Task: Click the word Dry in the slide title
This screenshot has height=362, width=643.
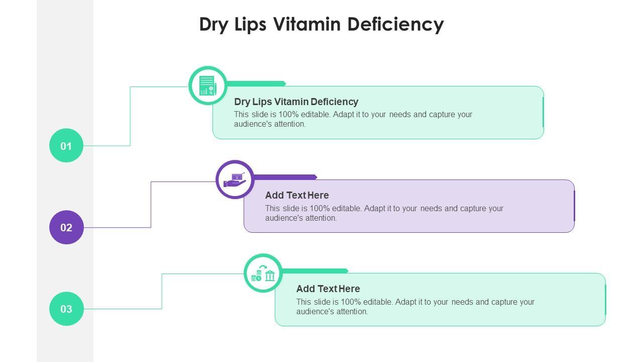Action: tap(213, 24)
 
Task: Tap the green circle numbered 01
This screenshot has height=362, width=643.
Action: tap(66, 145)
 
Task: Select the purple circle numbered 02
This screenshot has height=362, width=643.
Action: tap(66, 227)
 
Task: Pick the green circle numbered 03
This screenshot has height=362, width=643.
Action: tap(66, 309)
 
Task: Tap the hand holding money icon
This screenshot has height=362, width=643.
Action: tap(235, 179)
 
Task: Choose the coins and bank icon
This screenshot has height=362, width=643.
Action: tap(263, 273)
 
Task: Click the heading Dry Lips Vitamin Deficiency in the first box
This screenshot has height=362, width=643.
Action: tap(296, 102)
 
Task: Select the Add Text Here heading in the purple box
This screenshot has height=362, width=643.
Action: tap(297, 195)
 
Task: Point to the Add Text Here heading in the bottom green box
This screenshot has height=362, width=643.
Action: tap(328, 289)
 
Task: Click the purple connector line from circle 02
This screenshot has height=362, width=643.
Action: tap(151, 206)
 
